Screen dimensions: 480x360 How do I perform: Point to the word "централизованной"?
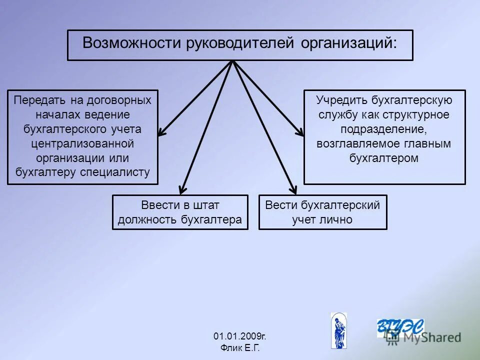click(x=82, y=144)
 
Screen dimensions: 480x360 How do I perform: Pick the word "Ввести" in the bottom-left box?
click(x=157, y=205)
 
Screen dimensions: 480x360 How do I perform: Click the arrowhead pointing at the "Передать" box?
click(x=161, y=133)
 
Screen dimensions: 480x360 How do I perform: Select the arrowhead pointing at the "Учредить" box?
click(x=300, y=132)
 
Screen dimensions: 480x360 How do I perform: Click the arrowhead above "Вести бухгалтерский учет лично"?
click(x=293, y=190)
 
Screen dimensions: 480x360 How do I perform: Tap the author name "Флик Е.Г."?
click(x=240, y=347)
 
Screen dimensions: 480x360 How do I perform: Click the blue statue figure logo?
click(x=338, y=330)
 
